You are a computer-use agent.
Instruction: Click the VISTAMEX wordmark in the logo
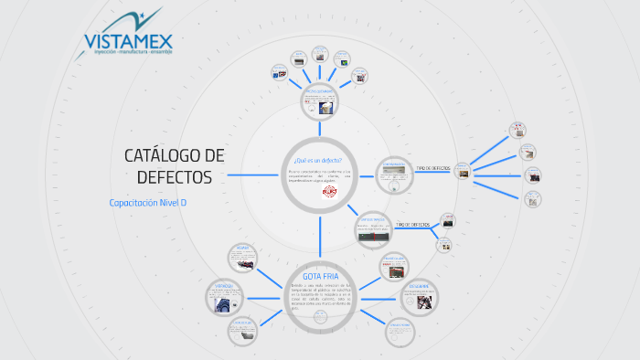pos(128,41)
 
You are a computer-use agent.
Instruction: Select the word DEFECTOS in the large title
pos(174,175)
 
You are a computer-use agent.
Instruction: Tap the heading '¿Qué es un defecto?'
pos(320,161)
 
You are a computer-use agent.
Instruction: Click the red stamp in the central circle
pos(328,193)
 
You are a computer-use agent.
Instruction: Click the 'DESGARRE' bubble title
pos(420,286)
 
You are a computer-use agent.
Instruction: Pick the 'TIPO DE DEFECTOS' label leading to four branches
pos(432,168)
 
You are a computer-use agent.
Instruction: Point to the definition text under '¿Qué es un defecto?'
pos(320,176)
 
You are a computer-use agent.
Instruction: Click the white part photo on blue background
pos(325,108)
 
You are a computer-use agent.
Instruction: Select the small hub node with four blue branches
pos(464,169)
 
